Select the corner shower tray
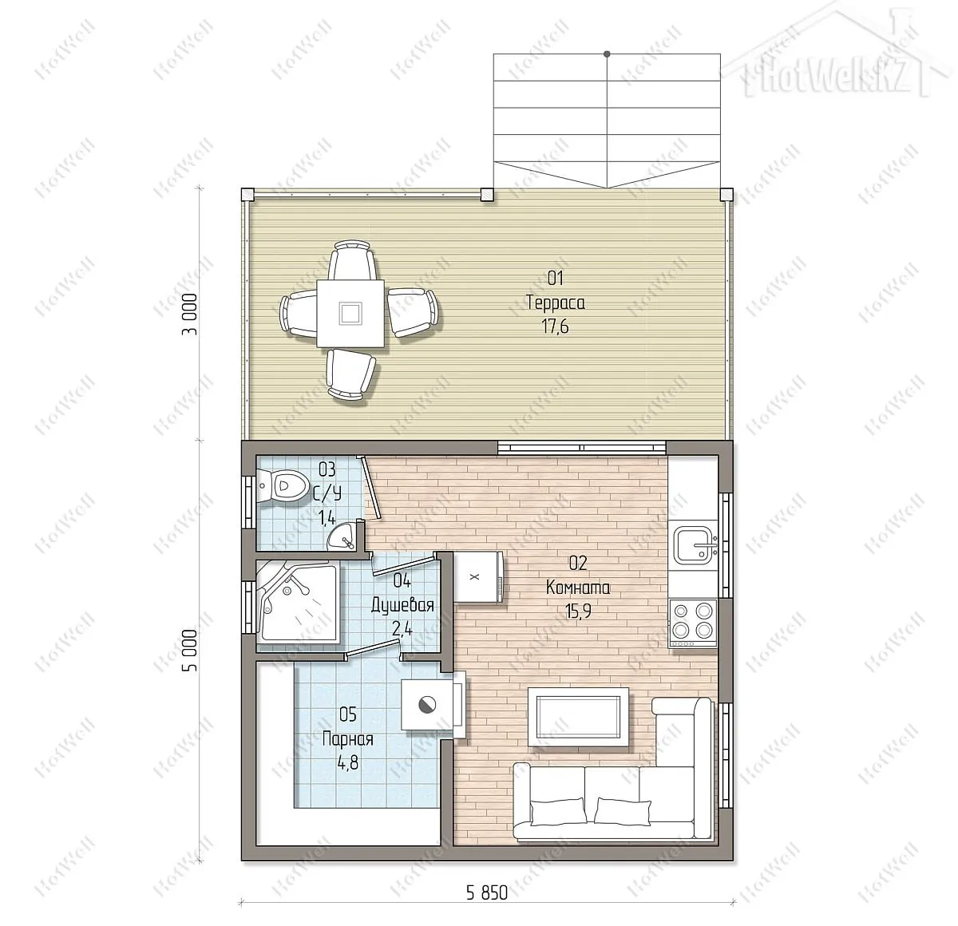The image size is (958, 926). [x=297, y=601]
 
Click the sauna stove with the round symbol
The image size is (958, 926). [x=426, y=705]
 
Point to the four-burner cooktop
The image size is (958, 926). [x=693, y=623]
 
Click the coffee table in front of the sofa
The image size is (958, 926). [x=578, y=717]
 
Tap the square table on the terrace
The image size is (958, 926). [x=350, y=313]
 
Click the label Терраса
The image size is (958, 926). [x=556, y=303]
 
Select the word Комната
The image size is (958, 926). [x=578, y=588]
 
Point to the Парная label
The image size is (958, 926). [x=347, y=739]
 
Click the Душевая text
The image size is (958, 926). [x=402, y=604]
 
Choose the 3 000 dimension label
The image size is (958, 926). [x=190, y=314]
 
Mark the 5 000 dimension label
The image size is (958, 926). [x=190, y=650]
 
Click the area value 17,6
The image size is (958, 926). [x=556, y=326]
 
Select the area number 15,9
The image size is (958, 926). [x=578, y=611]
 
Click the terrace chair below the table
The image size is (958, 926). [x=350, y=374]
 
